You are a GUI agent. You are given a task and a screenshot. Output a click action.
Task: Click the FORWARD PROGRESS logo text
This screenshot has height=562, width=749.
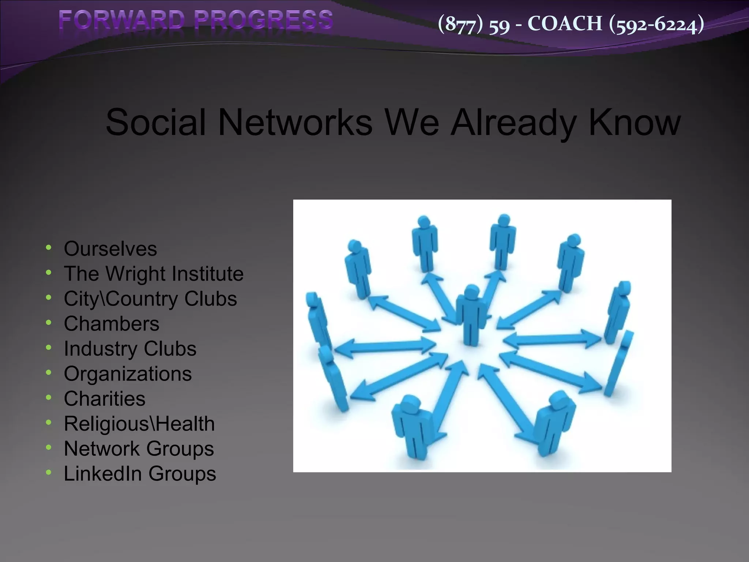196,20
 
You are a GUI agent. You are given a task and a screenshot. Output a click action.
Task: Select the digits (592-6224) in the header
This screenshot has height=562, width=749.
656,24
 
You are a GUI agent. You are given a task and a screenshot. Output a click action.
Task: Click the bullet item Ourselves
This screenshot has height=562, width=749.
110,249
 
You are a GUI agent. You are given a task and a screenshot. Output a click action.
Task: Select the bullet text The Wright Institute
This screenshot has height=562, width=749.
154,274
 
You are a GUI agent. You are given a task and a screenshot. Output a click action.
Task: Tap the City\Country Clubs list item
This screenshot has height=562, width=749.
150,299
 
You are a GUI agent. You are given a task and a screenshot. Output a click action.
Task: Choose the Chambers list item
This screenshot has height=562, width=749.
112,324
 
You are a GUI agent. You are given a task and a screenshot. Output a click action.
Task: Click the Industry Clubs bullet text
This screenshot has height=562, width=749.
130,349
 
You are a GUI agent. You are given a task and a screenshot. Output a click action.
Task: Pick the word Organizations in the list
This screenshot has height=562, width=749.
128,374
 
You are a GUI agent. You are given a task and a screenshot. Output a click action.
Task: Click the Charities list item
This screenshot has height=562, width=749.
104,398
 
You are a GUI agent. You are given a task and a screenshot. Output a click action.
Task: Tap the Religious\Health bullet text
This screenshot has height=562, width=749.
139,424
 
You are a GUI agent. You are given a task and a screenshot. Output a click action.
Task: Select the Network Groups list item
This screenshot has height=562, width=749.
139,449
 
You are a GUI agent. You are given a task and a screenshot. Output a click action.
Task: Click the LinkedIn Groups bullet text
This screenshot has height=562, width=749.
140,473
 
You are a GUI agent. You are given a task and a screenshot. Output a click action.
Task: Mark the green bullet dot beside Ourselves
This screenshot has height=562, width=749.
49,248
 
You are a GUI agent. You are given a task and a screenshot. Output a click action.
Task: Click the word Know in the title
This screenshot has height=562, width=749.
635,122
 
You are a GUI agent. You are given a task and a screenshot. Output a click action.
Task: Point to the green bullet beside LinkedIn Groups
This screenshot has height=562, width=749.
49,472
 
